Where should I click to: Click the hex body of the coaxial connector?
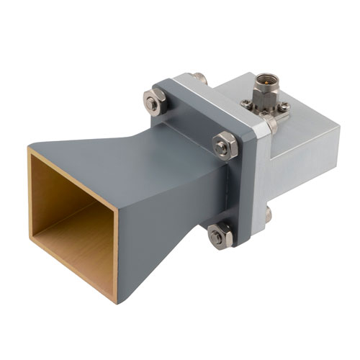[263, 93]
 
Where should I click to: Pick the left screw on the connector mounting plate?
[247, 104]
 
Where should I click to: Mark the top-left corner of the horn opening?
[30, 149]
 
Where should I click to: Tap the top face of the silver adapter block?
[302, 97]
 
